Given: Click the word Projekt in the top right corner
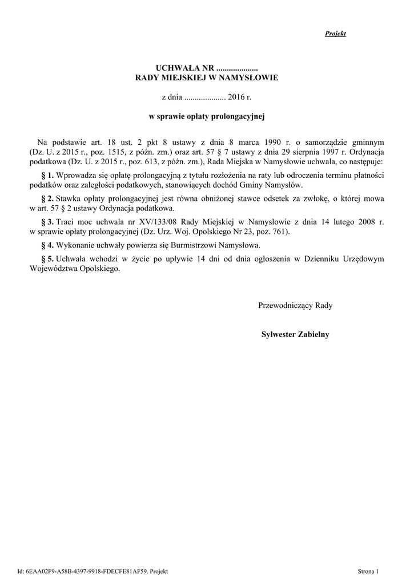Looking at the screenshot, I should point(335,34).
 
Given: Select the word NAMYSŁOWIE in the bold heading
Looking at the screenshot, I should point(252,78).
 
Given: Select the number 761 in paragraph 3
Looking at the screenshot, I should point(281,232).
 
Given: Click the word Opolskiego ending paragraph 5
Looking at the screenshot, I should point(102,269).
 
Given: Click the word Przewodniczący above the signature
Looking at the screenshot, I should point(286,306).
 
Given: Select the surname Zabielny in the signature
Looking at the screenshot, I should point(312,334).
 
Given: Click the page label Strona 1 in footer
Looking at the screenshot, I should point(368,571).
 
